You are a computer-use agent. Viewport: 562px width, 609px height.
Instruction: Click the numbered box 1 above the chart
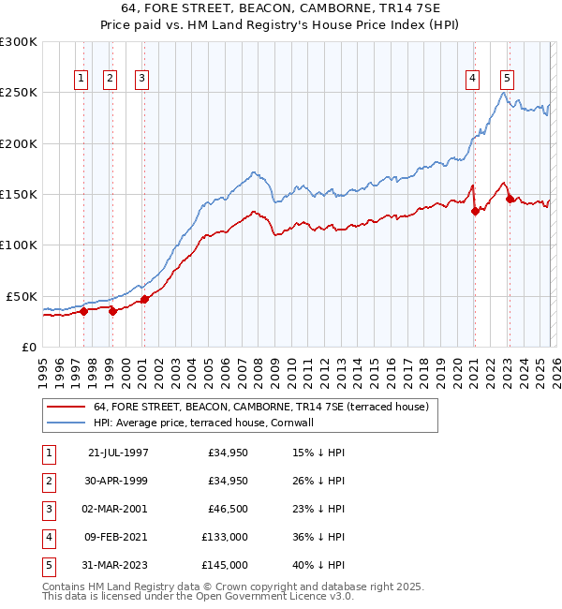point(81,80)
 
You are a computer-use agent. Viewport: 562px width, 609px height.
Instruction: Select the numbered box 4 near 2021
point(473,80)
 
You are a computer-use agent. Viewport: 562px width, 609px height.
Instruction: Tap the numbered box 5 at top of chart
point(507,80)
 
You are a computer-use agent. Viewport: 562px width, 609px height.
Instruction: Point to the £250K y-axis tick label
point(19,93)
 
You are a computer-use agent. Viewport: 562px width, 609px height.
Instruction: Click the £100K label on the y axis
point(19,245)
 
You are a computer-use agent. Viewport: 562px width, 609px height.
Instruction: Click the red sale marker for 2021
point(475,211)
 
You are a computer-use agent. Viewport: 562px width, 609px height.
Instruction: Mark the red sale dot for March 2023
point(510,199)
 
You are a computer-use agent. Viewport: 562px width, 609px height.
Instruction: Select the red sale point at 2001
point(144,300)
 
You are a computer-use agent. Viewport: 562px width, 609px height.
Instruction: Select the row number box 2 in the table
point(47,482)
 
